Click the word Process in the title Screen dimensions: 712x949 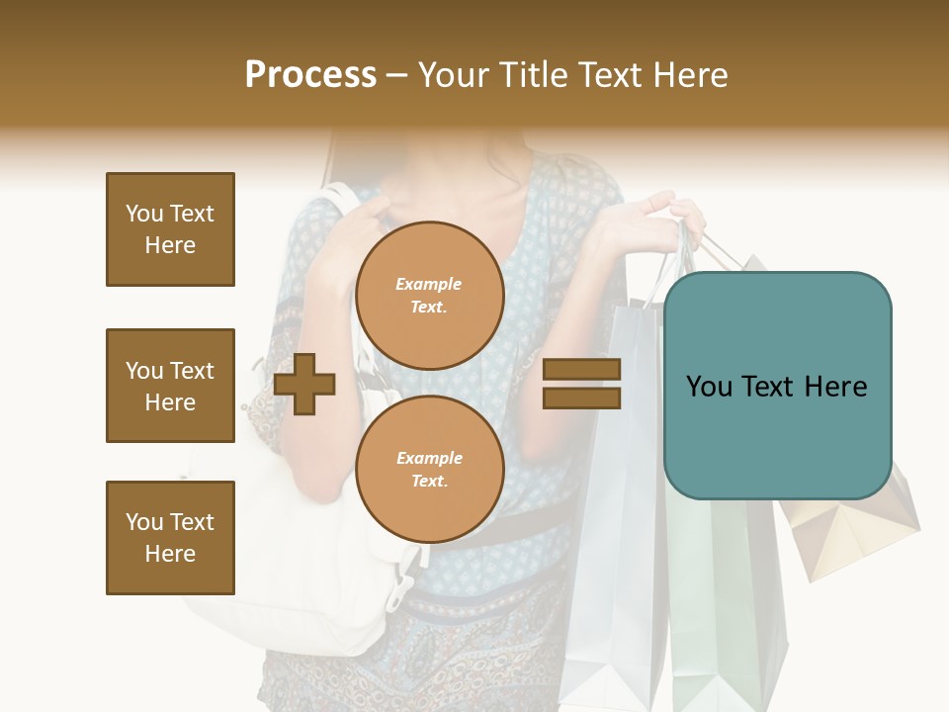coord(310,75)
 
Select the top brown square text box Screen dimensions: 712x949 coord(170,229)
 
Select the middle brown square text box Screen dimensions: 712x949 coord(170,386)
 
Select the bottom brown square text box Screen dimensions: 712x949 coord(170,538)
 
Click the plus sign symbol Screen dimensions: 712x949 coord(304,385)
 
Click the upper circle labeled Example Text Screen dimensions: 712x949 coord(430,296)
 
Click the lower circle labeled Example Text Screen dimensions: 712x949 coord(430,470)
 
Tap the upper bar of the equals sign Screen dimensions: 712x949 coord(582,369)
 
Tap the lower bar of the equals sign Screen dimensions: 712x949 coord(582,398)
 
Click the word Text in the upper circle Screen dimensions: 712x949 coord(428,308)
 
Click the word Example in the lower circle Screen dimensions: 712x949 coord(429,458)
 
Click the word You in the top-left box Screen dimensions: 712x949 coord(142,214)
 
